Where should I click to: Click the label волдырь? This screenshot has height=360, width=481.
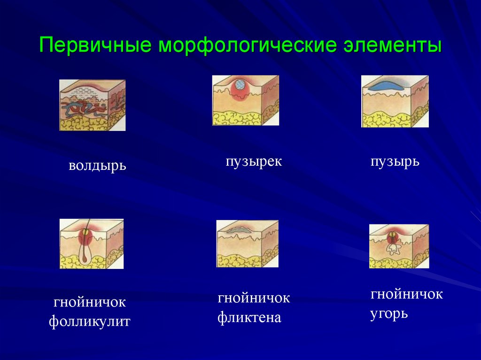[98, 166]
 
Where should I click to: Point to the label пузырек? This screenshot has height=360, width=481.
[254, 162]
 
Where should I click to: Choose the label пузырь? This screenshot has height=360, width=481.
[395, 162]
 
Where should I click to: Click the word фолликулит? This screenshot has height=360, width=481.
[89, 322]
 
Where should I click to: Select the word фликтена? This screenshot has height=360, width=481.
[249, 318]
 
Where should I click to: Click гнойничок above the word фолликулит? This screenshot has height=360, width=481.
[89, 301]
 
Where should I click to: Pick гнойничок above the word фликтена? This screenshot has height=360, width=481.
[254, 298]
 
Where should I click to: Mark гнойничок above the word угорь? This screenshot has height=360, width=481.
[407, 294]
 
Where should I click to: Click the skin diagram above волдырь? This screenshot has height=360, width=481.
[92, 105]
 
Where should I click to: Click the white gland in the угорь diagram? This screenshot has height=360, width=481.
[393, 248]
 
